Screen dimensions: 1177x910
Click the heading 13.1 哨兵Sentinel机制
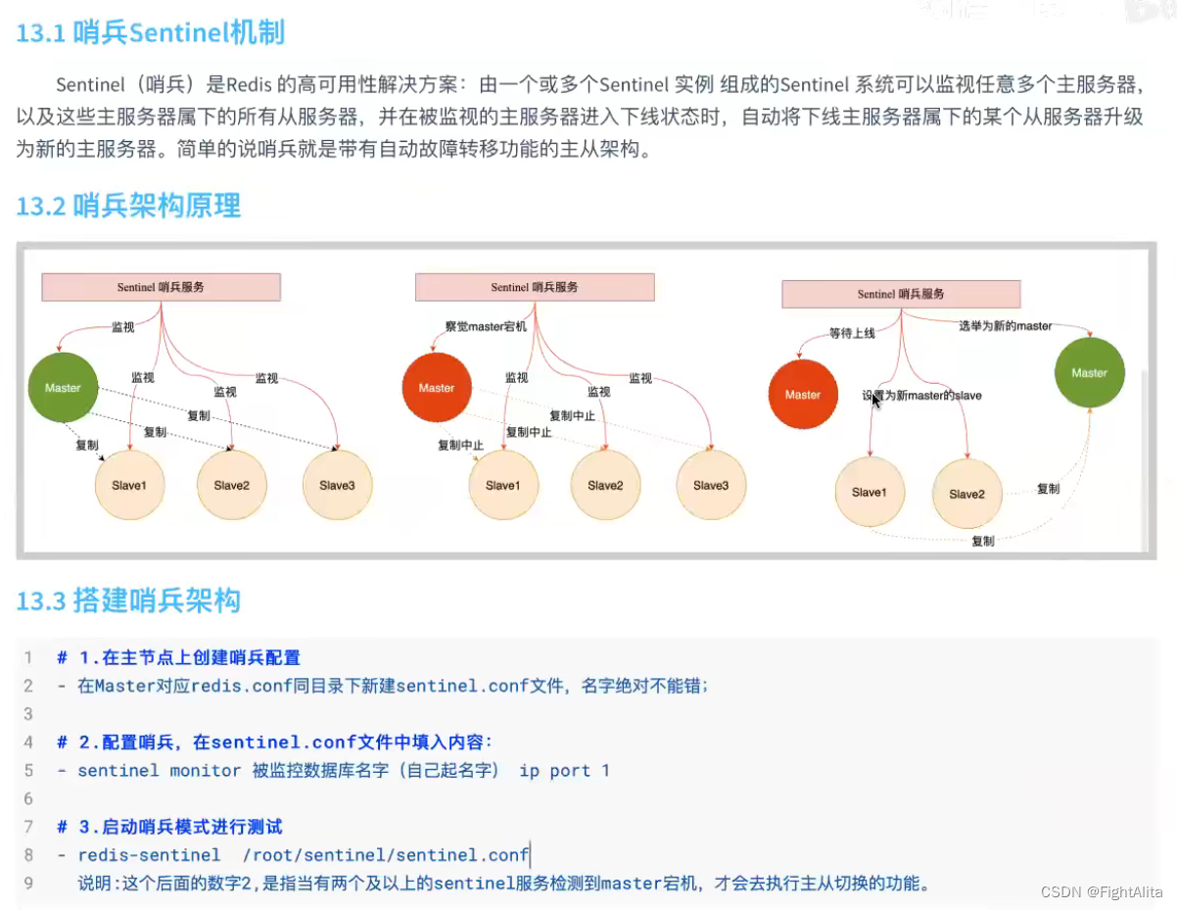coord(150,33)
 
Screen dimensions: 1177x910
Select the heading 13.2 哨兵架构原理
coord(128,207)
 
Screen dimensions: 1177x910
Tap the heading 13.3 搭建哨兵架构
coord(128,599)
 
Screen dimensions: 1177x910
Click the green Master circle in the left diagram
coord(63,388)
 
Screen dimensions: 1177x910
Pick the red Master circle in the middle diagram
coord(437,388)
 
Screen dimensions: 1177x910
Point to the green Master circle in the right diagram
coord(1089,373)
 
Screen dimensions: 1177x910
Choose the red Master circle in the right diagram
coord(803,395)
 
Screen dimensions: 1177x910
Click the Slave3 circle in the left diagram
coord(337,485)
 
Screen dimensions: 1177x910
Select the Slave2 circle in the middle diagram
coord(605,485)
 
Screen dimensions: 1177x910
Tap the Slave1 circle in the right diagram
coord(870,492)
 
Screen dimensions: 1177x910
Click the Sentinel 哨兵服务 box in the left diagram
coord(161,287)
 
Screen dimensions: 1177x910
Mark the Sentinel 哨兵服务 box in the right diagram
coord(901,294)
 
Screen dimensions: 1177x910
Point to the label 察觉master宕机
coord(485,326)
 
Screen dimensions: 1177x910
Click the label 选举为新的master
coord(1005,326)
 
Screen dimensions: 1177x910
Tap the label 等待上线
coord(852,333)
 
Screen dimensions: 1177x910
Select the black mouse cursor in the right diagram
coord(876,400)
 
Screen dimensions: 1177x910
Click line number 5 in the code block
coord(29,770)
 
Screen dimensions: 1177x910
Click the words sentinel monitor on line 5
coord(159,770)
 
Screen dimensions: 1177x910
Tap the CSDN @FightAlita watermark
coord(1101,891)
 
